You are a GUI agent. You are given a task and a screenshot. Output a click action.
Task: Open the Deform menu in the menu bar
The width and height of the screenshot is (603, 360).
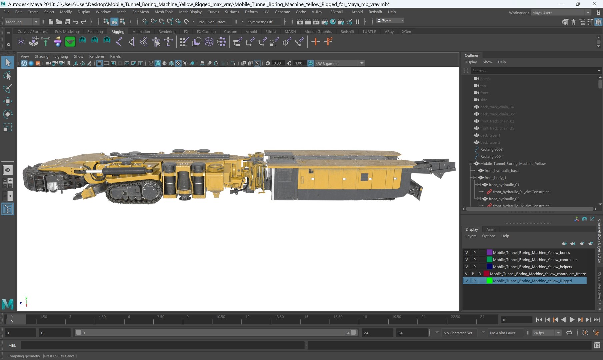pos(251,12)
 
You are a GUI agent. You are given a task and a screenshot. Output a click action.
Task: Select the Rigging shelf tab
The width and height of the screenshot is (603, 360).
pos(118,32)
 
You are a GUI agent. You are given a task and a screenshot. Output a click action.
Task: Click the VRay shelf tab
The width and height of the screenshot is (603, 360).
pos(389,32)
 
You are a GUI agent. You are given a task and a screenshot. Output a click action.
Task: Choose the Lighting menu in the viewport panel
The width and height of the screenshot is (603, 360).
pos(61,56)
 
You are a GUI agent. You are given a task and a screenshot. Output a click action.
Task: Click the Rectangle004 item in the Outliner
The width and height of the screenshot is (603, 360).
pos(491,157)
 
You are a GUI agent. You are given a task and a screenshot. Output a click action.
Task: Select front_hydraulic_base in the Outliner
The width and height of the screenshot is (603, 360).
pos(501,171)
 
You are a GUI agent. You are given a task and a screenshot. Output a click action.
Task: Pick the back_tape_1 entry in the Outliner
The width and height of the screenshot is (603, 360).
pos(490,135)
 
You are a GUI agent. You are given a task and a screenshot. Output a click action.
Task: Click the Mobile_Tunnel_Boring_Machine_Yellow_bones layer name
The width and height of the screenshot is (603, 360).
pos(531,253)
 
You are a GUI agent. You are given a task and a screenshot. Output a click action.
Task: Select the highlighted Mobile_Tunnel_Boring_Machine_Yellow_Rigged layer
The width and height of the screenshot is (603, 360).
pos(532,281)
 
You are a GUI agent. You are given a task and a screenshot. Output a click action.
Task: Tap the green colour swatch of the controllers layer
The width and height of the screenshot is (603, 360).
pos(489,260)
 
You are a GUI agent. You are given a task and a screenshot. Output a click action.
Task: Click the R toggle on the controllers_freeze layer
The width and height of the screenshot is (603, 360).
pos(480,274)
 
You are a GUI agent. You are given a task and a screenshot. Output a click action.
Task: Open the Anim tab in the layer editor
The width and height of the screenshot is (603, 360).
pos(491,229)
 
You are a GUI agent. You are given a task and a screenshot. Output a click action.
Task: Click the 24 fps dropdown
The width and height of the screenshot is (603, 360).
pos(546,333)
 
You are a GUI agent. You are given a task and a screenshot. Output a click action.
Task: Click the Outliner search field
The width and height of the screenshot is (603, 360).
pos(533,71)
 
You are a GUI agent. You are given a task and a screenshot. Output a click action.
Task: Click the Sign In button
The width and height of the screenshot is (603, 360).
pos(390,20)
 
